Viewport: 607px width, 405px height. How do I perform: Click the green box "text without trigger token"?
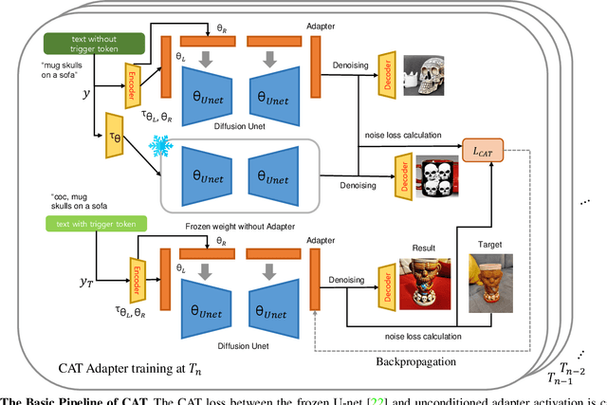pos(92,42)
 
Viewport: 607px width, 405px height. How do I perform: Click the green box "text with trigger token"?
pos(89,225)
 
